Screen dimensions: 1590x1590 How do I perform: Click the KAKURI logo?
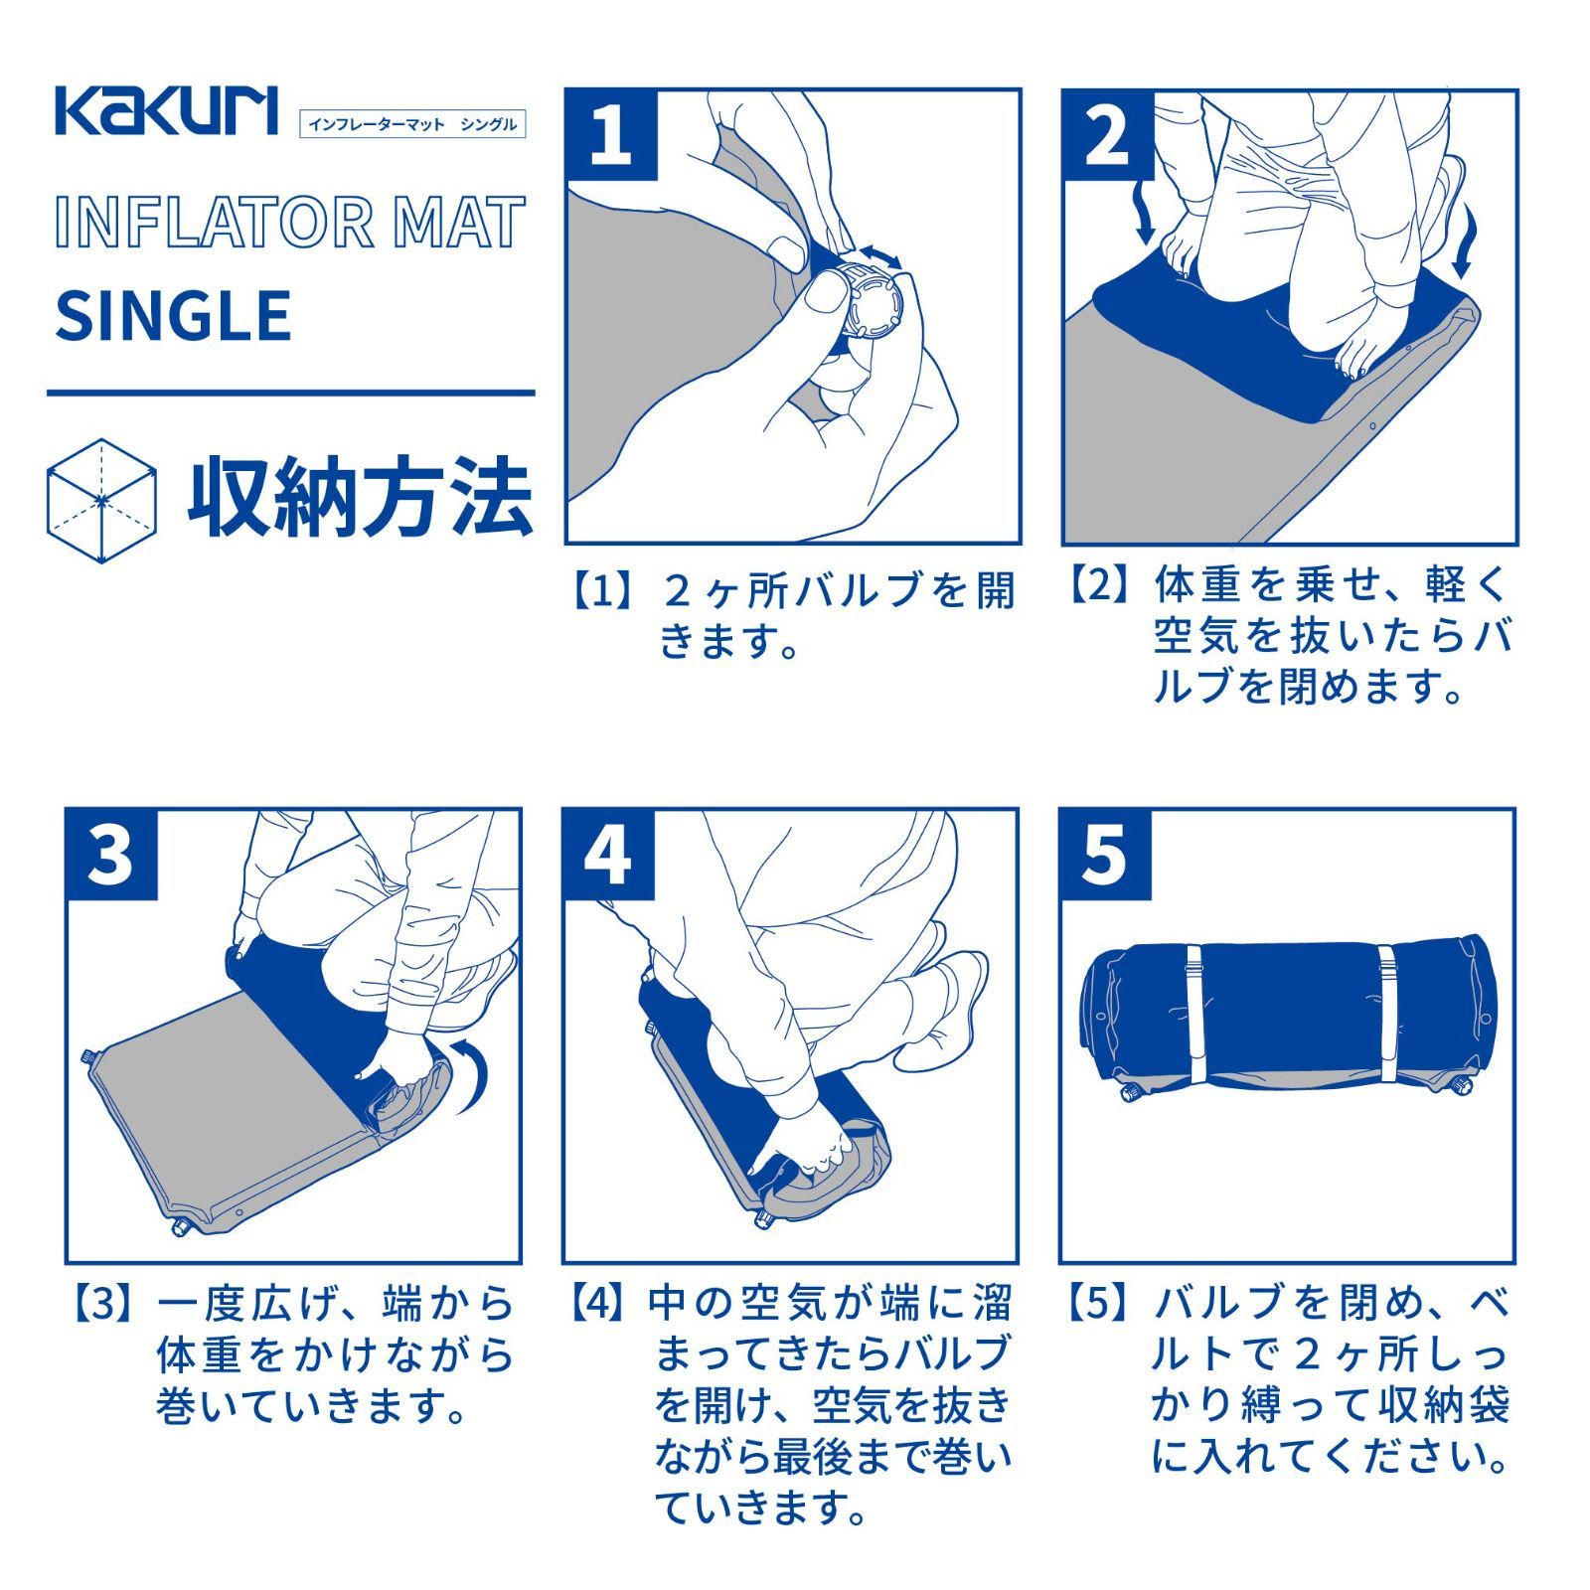166,110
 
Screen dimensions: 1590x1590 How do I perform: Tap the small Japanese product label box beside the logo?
411,124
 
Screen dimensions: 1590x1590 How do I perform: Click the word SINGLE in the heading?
173,316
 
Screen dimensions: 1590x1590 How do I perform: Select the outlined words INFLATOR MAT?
289,223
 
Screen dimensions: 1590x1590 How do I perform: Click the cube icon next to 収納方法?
101,500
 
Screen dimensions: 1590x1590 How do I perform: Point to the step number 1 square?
611,134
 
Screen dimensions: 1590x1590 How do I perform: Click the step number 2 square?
1107,134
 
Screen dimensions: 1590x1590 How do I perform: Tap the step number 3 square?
111,854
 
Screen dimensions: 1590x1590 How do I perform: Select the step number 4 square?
608,854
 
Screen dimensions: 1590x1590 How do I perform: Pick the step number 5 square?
1104,854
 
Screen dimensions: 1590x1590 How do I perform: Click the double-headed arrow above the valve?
879,254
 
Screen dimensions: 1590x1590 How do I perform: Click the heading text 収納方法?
360,498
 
